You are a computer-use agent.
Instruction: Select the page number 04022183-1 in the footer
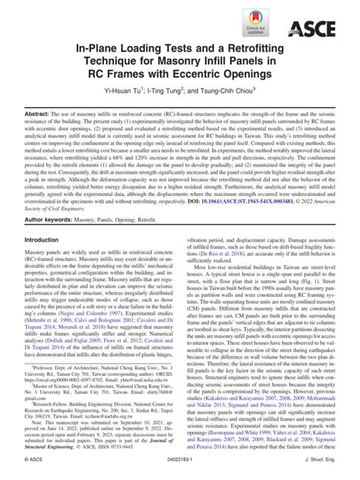tap(180, 472)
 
